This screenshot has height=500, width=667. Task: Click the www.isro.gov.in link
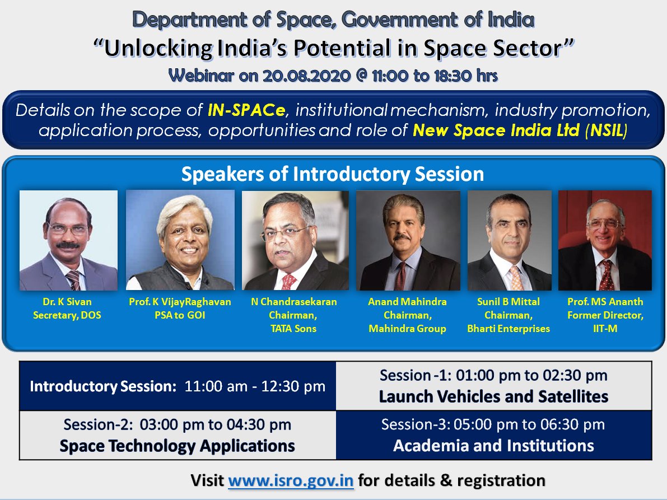(x=291, y=480)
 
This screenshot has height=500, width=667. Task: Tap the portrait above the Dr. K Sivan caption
(x=68, y=240)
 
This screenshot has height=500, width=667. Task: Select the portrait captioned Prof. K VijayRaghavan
(x=180, y=240)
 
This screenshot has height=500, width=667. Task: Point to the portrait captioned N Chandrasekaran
(x=295, y=240)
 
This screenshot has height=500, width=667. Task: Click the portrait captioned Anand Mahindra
(x=408, y=240)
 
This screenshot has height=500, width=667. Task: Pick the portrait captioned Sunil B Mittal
(x=509, y=240)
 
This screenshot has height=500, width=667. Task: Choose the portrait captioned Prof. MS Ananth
(x=605, y=240)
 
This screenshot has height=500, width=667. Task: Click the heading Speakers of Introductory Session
(x=333, y=174)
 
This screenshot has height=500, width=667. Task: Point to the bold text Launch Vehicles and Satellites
(x=493, y=396)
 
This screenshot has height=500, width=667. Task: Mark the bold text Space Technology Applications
(x=177, y=446)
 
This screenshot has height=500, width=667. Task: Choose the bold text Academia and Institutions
(x=493, y=446)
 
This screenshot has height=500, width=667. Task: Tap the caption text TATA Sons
(x=295, y=329)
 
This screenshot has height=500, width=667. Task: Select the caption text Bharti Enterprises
(x=509, y=329)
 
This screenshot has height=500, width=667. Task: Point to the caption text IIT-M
(x=605, y=329)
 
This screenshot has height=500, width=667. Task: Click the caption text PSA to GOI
(x=180, y=315)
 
